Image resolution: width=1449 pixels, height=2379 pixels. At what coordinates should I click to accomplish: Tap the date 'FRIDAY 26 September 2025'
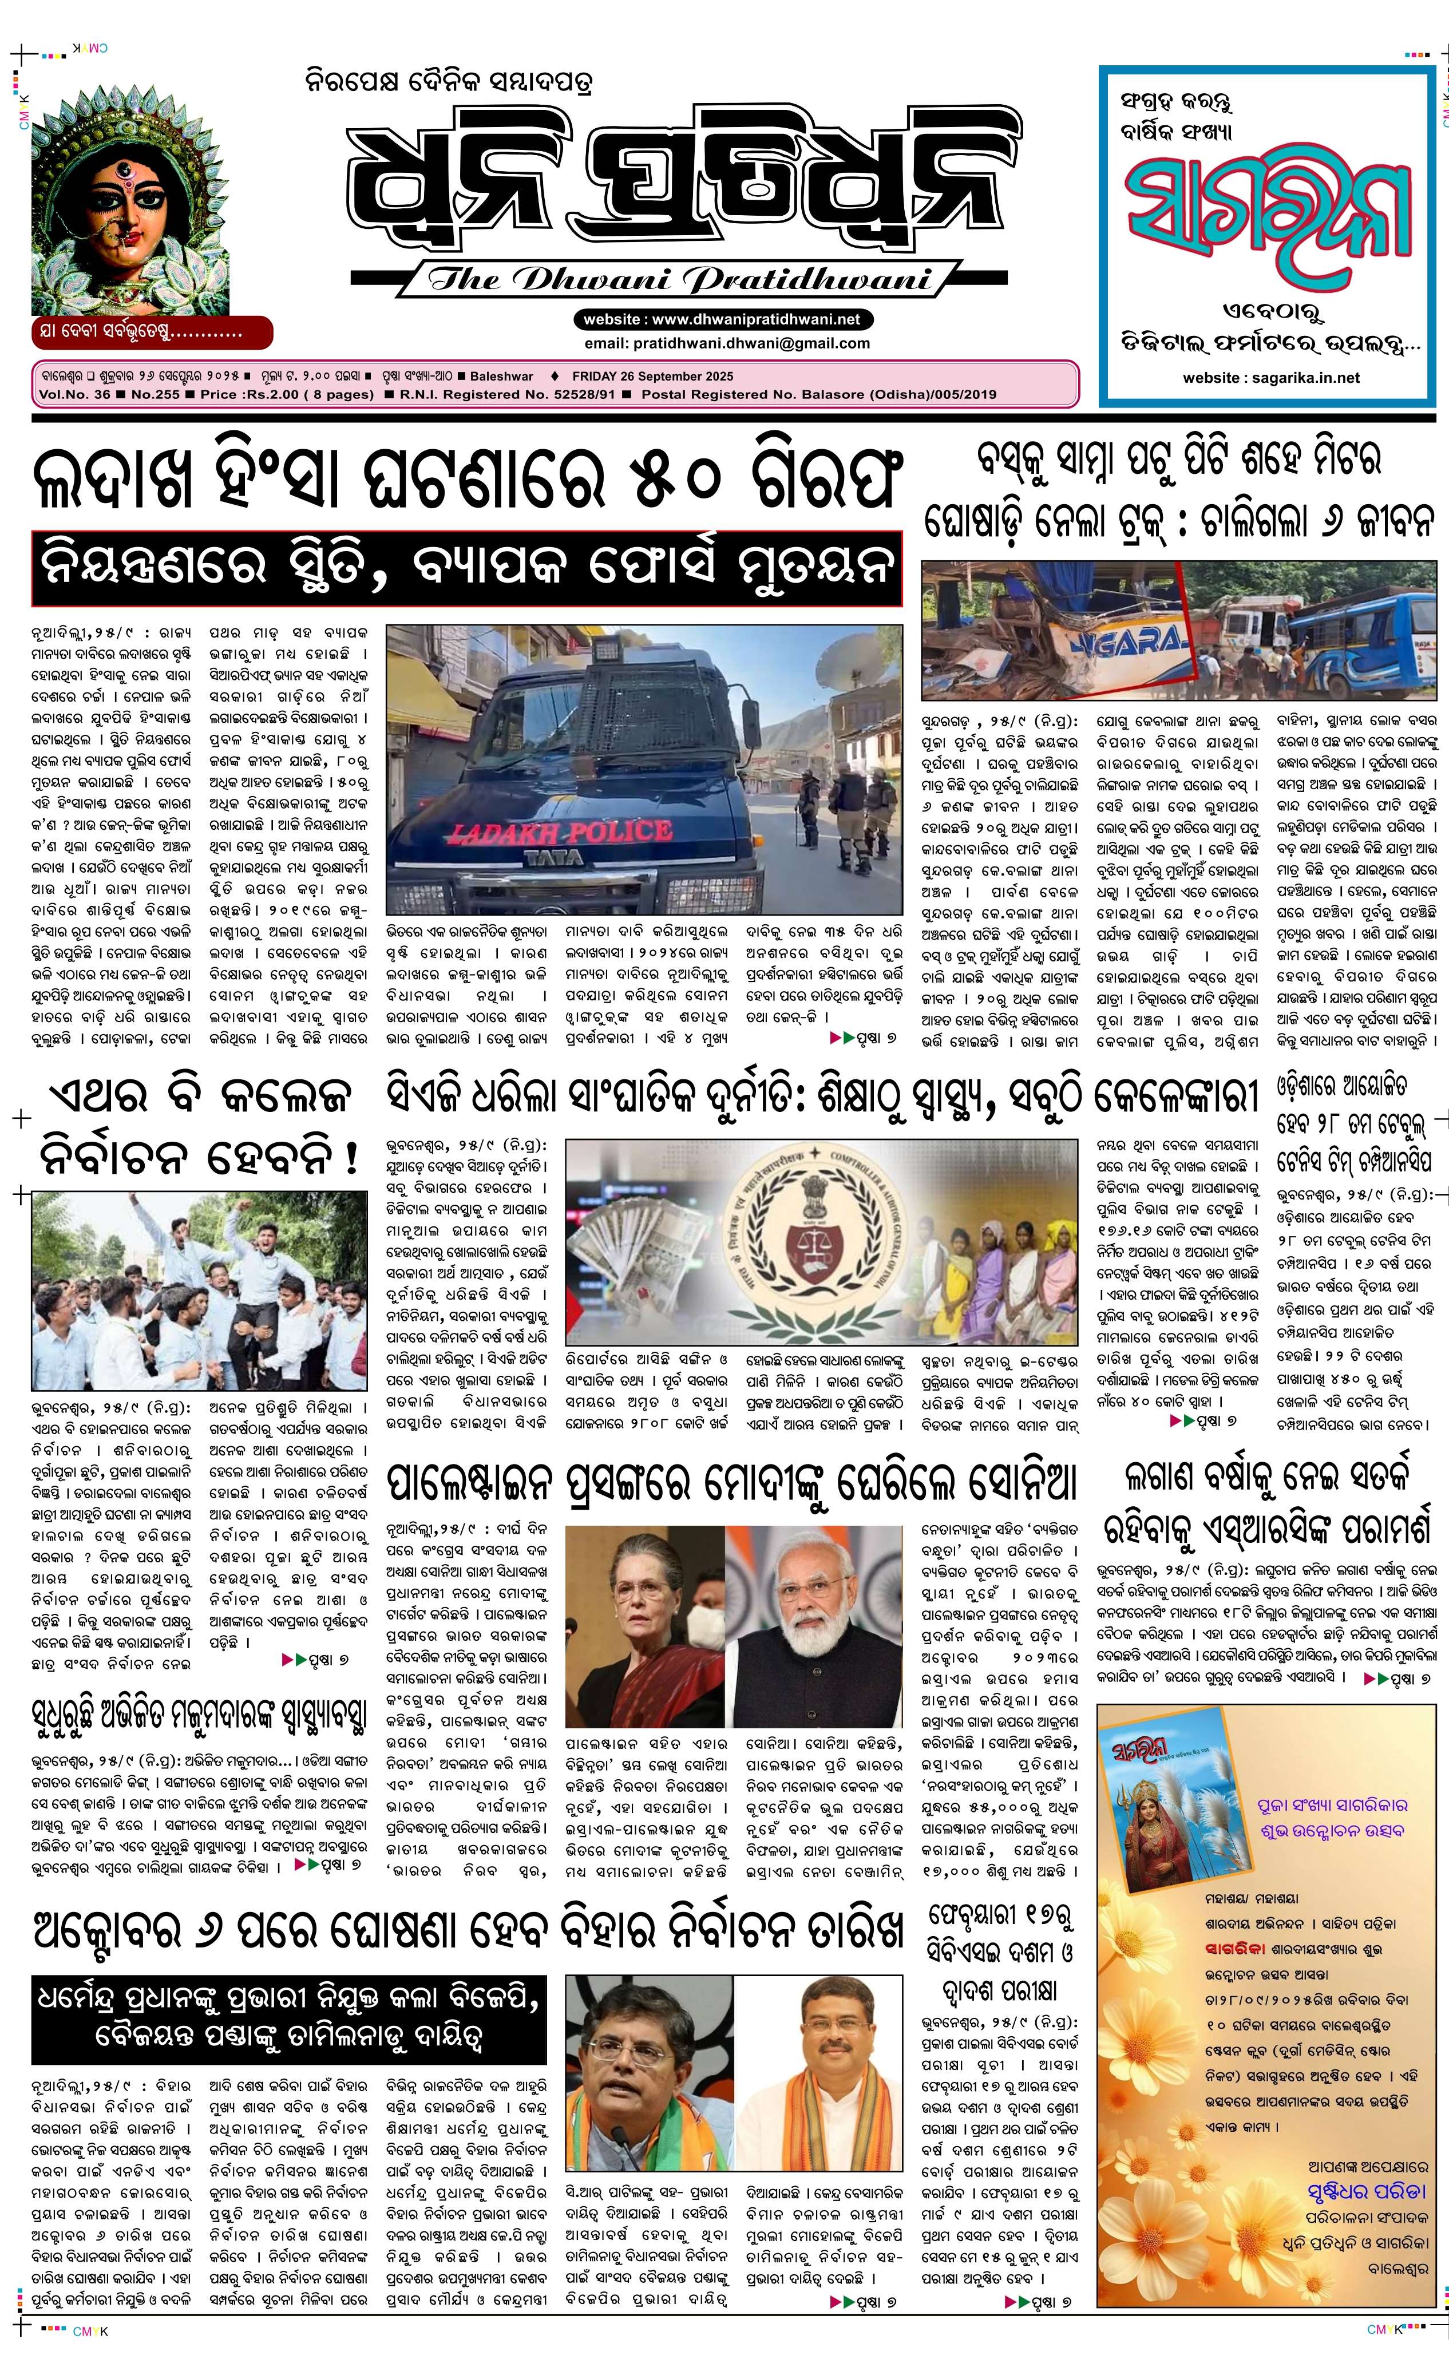tap(652, 377)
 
